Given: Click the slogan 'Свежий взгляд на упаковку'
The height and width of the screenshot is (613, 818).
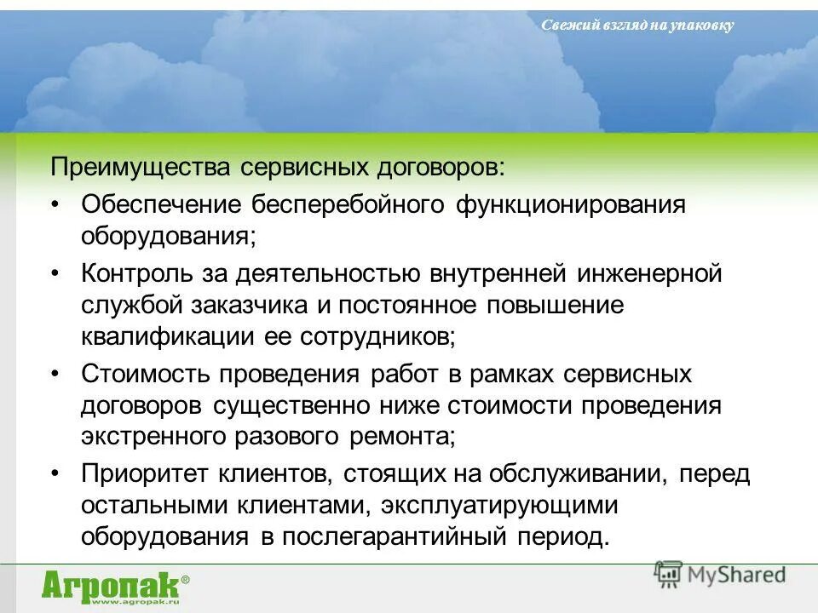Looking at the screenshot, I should click(637, 26).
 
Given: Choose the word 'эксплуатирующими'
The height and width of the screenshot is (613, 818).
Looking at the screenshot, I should click(498, 506).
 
